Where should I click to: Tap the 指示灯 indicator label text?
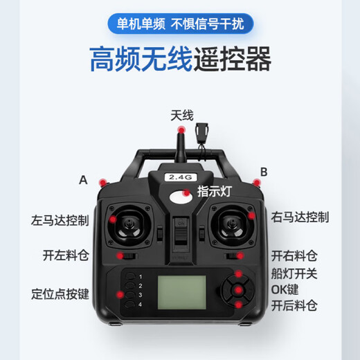click(x=215, y=192)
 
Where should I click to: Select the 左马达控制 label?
click(x=60, y=221)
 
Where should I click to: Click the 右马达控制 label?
click(x=299, y=217)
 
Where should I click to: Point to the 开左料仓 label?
click(x=66, y=255)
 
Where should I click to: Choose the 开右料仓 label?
click(x=294, y=255)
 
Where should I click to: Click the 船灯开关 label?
click(x=294, y=271)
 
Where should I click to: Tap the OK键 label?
click(x=285, y=288)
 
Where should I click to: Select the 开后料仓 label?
click(x=294, y=305)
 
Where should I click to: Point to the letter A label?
click(x=84, y=180)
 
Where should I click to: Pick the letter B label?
click(x=263, y=172)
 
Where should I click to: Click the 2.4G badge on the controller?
click(x=179, y=177)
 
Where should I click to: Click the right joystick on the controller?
click(x=231, y=223)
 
